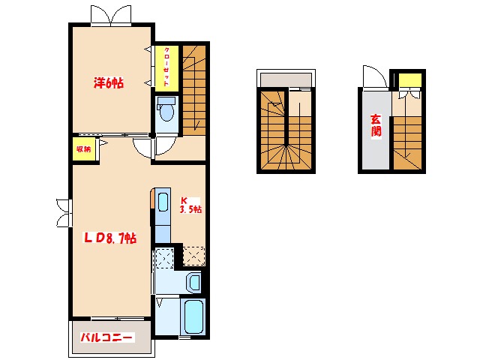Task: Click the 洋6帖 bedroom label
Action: [x=109, y=83]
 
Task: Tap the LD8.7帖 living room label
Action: [x=110, y=238]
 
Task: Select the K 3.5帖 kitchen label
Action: [x=190, y=205]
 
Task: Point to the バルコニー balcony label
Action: [x=107, y=337]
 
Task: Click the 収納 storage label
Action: [x=83, y=149]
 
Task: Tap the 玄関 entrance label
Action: [x=376, y=126]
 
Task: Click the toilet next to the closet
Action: [x=166, y=109]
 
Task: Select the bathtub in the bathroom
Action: [x=194, y=316]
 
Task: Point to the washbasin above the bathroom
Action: [x=194, y=282]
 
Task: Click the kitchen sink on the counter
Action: [x=163, y=202]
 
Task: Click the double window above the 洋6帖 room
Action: [x=111, y=15]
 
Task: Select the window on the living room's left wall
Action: [x=64, y=213]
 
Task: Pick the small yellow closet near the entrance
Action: [x=410, y=79]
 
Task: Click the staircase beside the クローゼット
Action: [x=194, y=90]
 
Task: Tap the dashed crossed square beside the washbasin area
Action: [x=165, y=259]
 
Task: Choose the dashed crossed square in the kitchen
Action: [x=194, y=256]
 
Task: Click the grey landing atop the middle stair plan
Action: [x=286, y=79]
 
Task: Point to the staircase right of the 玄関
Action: [x=407, y=142]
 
